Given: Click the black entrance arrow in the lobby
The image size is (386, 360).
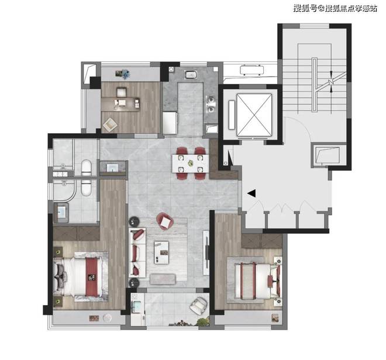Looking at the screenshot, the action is pyautogui.click(x=251, y=193).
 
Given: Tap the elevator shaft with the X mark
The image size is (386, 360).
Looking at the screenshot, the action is pyautogui.click(x=254, y=115).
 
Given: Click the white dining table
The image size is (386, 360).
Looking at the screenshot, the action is pyautogui.click(x=191, y=164).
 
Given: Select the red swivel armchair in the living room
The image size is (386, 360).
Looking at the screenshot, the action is pyautogui.click(x=165, y=221).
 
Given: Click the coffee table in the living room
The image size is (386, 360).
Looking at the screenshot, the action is pyautogui.click(x=161, y=252).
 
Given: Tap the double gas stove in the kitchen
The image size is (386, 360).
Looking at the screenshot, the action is pyautogui.click(x=211, y=105).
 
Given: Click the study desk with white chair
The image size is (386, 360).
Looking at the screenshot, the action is pyautogui.click(x=120, y=104).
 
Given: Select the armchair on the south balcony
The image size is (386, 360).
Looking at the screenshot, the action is pyautogui.click(x=198, y=306).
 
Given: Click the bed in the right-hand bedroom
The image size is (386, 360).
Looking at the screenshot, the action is pyautogui.click(x=257, y=281).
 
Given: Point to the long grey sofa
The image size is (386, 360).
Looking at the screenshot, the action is pyautogui.click(x=137, y=252).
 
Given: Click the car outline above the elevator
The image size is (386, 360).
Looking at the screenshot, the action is pyautogui.click(x=252, y=70).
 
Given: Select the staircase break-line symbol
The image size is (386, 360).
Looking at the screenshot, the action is pyautogui.click(x=332, y=81).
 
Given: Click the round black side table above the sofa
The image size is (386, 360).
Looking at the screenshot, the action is pyautogui.click(x=134, y=221).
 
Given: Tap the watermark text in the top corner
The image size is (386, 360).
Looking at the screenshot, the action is pyautogui.click(x=335, y=8).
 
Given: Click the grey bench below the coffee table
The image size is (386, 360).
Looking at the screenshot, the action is pyautogui.click(x=163, y=279).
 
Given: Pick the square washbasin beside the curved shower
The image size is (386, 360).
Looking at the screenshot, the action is pyautogui.click(x=61, y=212).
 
